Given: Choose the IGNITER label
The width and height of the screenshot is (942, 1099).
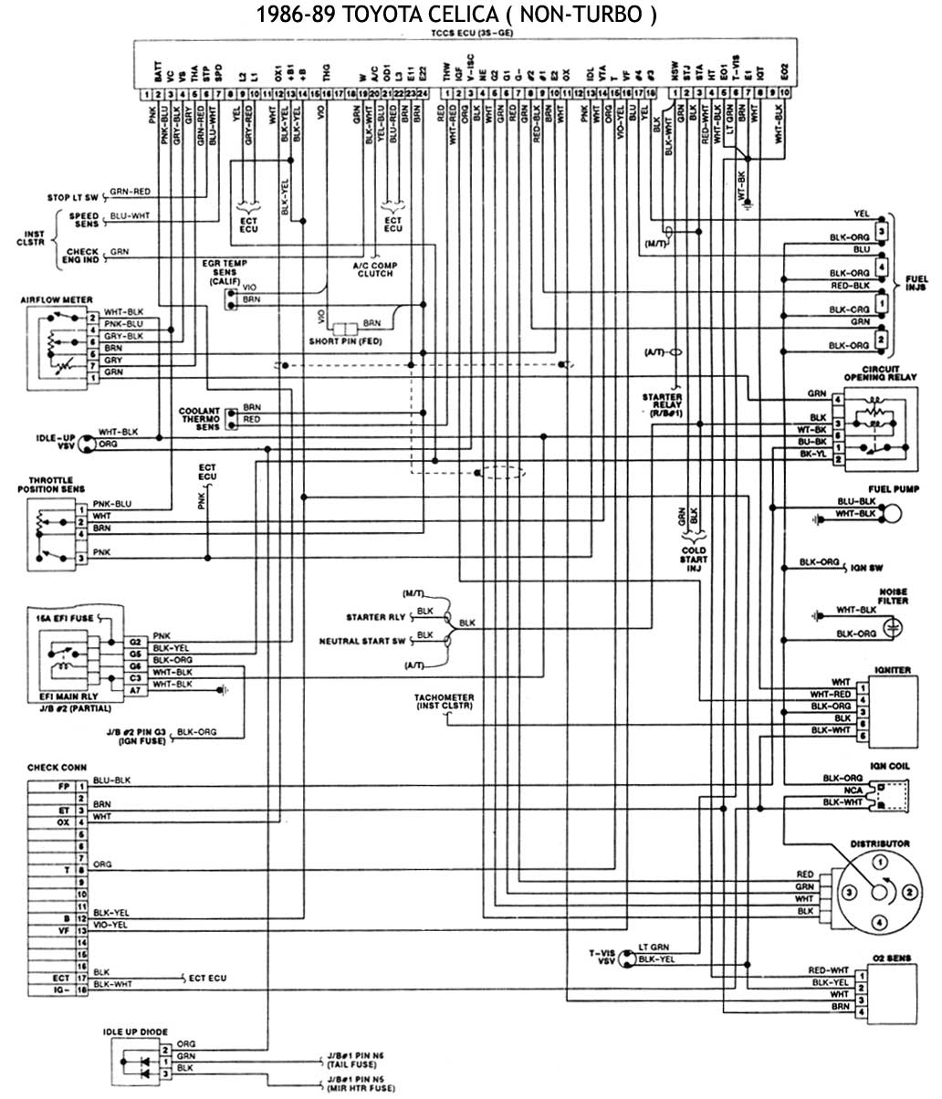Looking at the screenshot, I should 891,670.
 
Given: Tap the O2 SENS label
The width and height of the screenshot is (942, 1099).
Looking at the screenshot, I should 891,958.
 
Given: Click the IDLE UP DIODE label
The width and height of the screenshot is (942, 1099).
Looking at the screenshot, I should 135,1032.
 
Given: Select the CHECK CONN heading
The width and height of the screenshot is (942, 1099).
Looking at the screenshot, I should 58,768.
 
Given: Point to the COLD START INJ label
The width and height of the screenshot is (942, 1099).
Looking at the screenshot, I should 694,560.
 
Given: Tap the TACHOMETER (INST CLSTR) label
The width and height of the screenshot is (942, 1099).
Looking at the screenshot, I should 445,702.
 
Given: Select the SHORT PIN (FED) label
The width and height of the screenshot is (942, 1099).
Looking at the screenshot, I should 345,340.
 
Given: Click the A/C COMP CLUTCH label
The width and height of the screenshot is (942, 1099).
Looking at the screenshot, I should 374,269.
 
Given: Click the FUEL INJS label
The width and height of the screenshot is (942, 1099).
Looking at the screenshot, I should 916,282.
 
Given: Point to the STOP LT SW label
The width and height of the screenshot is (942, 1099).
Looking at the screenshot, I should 72,196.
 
